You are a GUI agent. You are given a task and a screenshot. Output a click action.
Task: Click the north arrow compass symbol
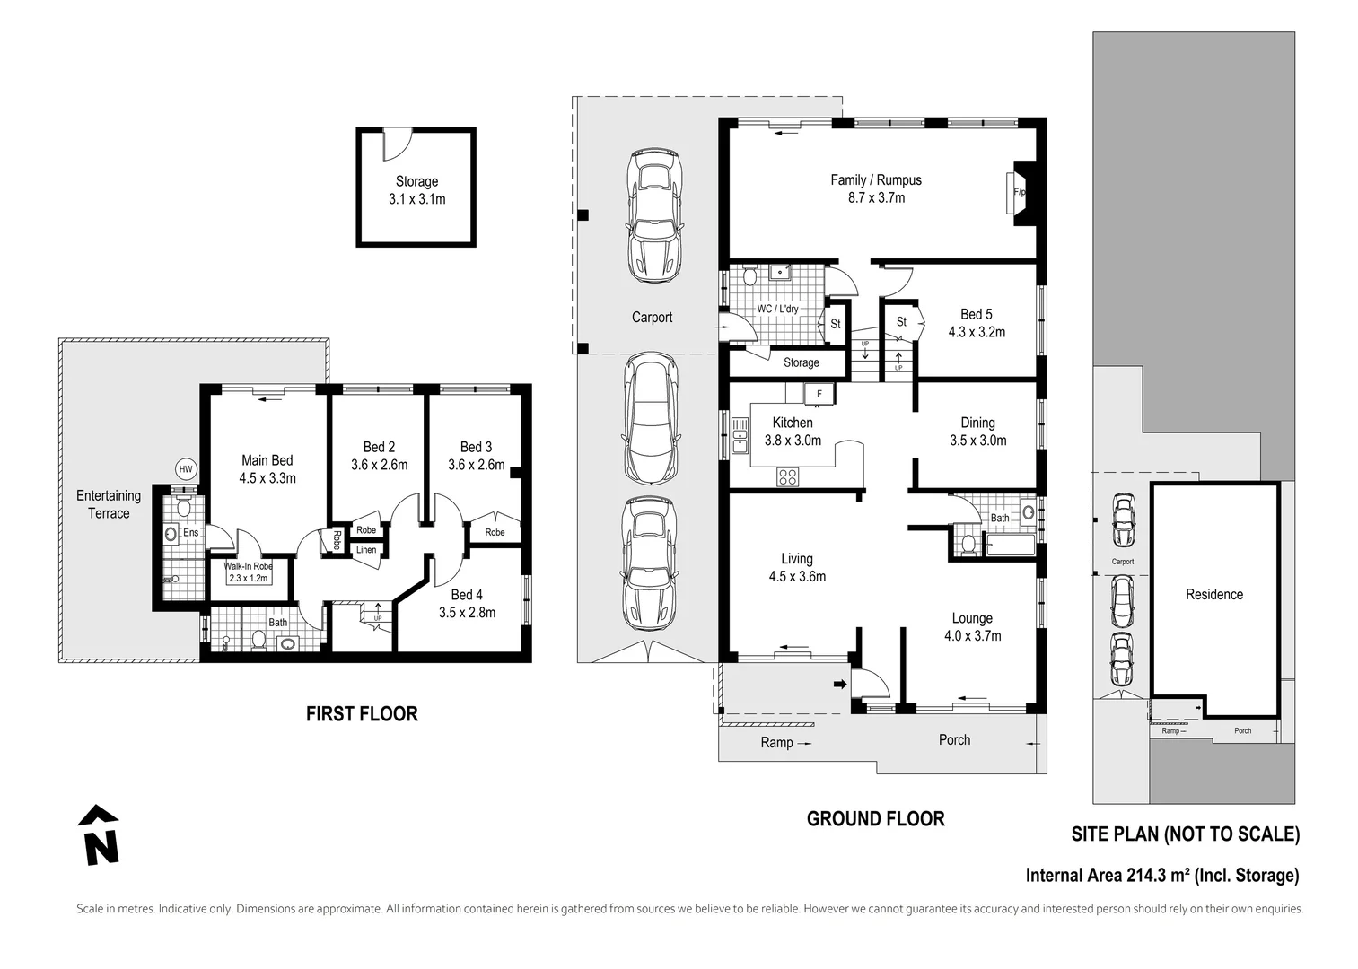[x=98, y=834]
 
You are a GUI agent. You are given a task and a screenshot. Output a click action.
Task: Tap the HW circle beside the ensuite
[x=186, y=469]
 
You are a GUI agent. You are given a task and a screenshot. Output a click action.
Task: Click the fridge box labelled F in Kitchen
[x=819, y=394]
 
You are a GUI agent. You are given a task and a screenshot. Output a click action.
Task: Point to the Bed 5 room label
[x=977, y=314]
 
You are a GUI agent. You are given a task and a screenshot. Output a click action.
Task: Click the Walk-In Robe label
[x=248, y=566]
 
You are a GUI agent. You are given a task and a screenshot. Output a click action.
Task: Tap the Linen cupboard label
[x=366, y=550]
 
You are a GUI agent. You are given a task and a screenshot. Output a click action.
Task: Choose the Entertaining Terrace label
[x=109, y=504]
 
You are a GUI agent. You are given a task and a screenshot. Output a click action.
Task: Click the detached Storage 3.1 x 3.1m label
[x=417, y=189]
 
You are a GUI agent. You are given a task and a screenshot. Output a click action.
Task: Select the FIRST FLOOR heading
[x=362, y=714]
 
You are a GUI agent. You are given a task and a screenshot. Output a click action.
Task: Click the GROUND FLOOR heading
[x=875, y=818]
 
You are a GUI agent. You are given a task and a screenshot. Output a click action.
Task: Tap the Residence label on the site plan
[x=1214, y=595]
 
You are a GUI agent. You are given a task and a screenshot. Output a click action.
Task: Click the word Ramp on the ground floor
[x=776, y=742]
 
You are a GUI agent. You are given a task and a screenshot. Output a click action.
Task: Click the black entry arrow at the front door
[x=840, y=685]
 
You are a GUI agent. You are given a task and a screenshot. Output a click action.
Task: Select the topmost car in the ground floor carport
[x=654, y=215]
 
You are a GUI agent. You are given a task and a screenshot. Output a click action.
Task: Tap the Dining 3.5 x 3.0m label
[x=977, y=432]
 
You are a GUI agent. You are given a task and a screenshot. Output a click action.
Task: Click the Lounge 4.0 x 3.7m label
[x=972, y=626]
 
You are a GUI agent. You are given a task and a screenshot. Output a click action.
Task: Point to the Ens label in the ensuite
[x=190, y=532]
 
